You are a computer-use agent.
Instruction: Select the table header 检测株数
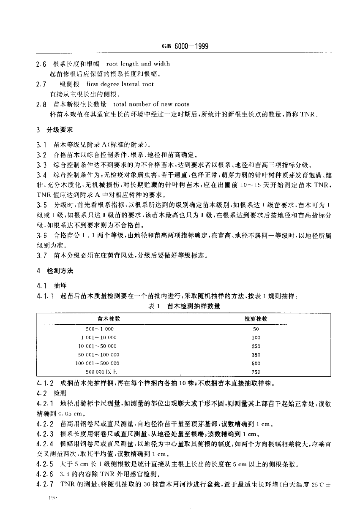256,319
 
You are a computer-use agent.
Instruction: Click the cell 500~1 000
100,329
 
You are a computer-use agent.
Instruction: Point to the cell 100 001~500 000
98,363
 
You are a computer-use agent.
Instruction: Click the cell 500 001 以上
101,372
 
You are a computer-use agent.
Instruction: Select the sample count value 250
256,346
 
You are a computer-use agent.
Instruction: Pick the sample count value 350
256,355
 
